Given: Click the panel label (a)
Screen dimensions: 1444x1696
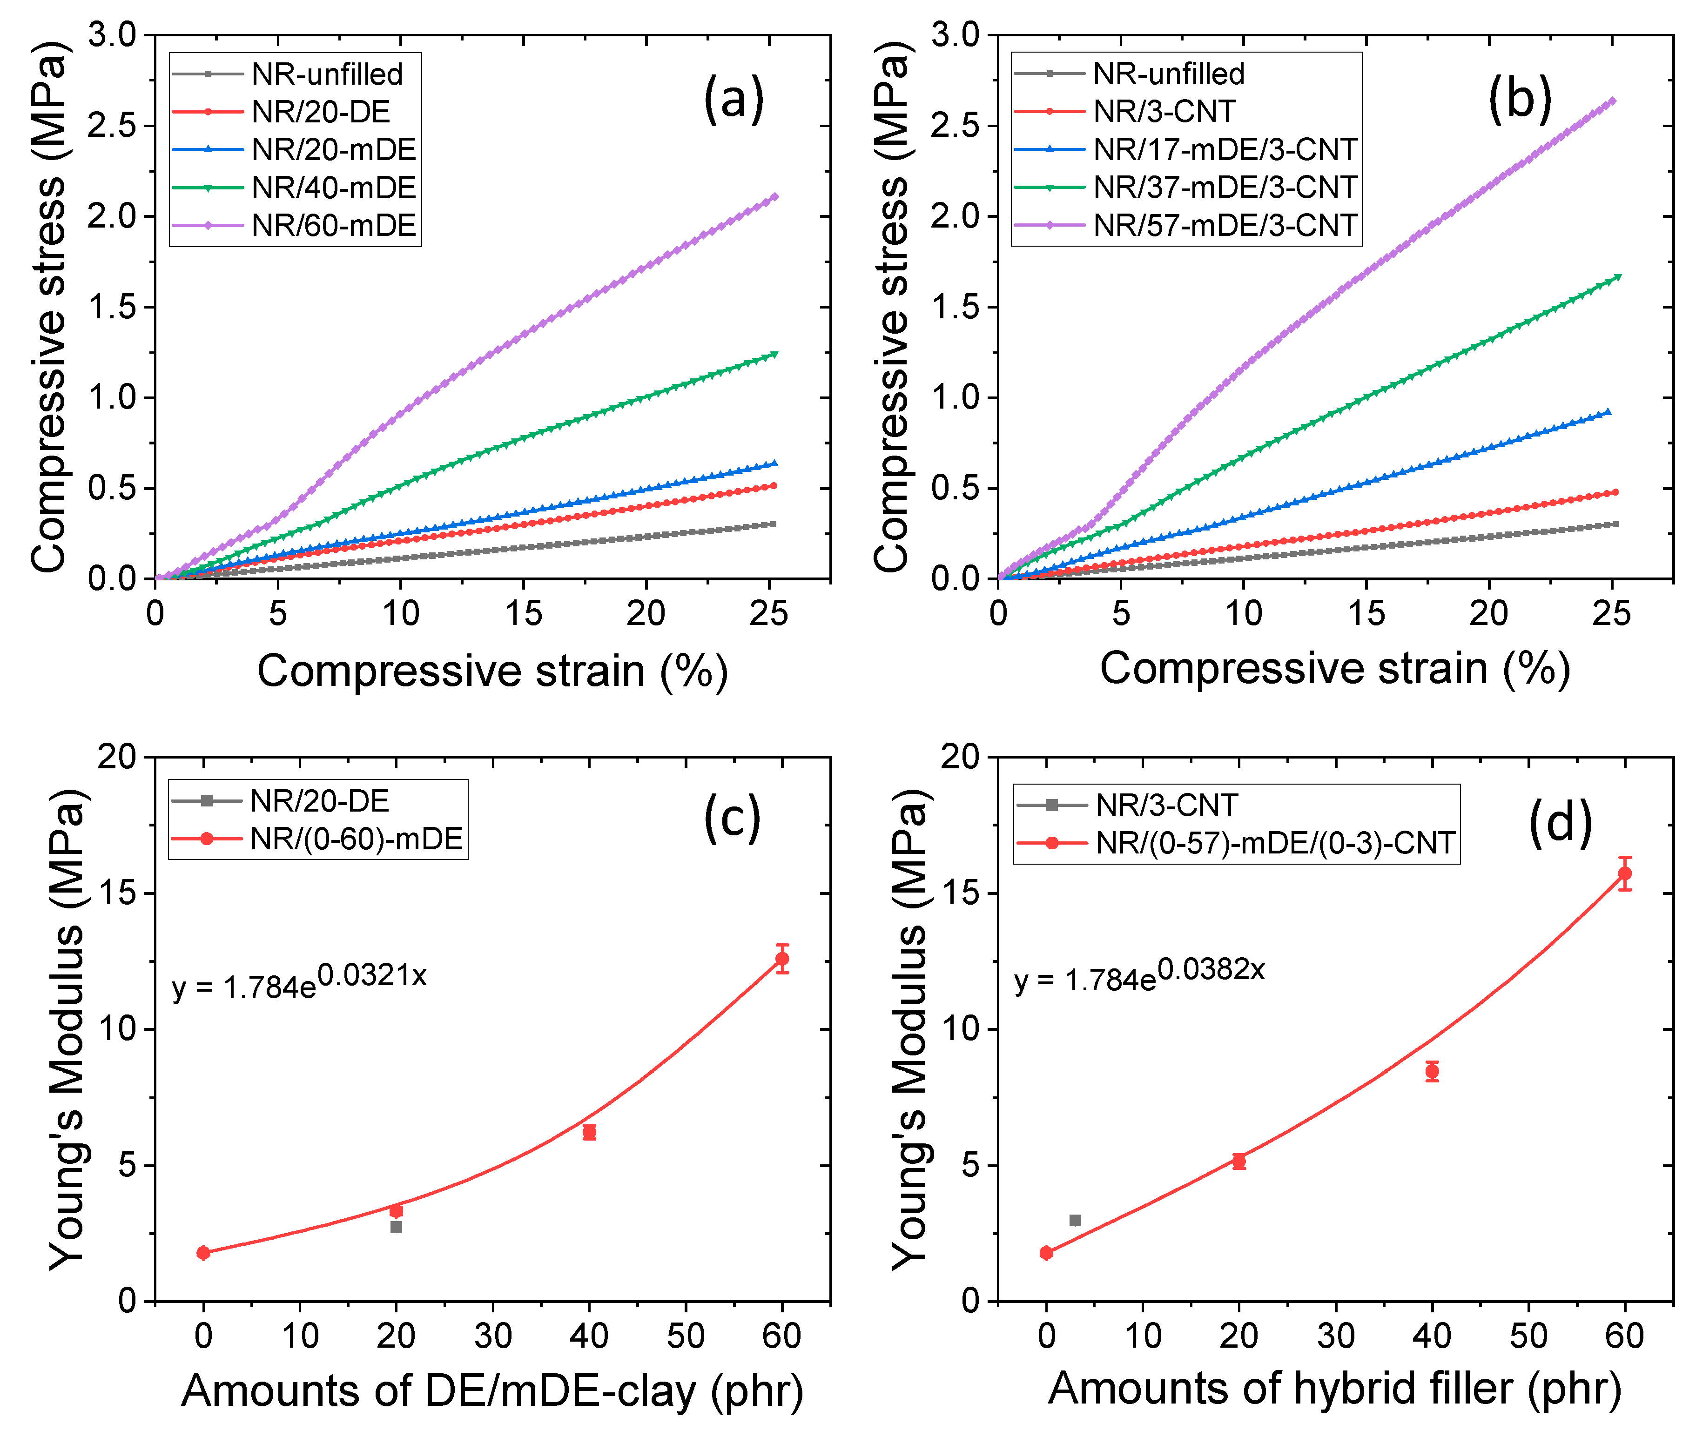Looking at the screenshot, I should pos(734,99).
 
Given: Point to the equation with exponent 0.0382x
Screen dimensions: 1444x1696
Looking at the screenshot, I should pos(1139,976).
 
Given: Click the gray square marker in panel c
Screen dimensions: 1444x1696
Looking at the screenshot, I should pos(396,1226).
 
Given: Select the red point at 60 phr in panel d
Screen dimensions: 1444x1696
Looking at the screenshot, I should pos(1625,873).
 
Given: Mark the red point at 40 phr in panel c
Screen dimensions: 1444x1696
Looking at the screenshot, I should pos(589,1132).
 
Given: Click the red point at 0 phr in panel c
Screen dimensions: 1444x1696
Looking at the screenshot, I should pos(204,1252).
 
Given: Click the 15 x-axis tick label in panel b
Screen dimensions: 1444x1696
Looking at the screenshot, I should pos(1365,613).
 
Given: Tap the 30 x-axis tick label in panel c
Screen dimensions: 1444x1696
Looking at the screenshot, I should pos(493,1336).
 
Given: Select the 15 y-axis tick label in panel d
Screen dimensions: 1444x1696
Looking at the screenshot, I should pos(959,893).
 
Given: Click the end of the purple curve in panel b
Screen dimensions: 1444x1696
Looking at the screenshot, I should pos(1612,101).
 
